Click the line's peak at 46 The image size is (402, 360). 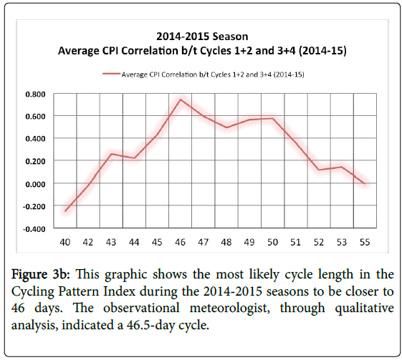click(x=181, y=99)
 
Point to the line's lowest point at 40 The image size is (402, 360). click(x=65, y=211)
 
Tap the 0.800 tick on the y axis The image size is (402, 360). click(x=35, y=94)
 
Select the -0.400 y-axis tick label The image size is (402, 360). click(x=34, y=229)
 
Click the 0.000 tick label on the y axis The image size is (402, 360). click(x=35, y=184)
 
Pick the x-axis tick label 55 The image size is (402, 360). click(x=365, y=242)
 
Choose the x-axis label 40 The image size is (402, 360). click(x=65, y=242)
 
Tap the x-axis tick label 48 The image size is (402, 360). click(x=226, y=242)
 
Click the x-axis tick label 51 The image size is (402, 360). click(x=296, y=242)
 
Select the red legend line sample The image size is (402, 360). click(x=112, y=74)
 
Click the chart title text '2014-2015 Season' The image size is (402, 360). click(x=202, y=37)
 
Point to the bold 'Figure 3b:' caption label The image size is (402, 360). click(x=41, y=275)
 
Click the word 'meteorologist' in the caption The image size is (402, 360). click(x=230, y=308)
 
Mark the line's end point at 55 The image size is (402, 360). click(x=365, y=184)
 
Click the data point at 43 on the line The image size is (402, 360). click(x=111, y=154)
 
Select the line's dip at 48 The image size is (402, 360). click(x=226, y=127)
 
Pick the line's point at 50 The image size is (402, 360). click(x=272, y=118)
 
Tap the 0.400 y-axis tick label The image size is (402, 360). click(x=35, y=139)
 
